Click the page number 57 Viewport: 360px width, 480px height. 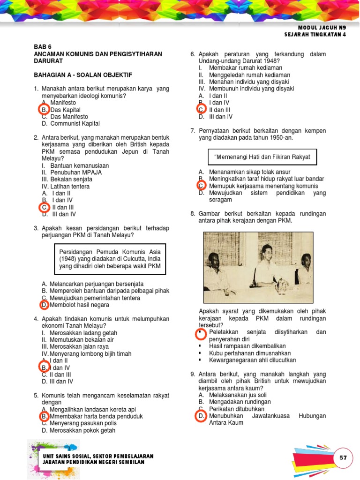343,457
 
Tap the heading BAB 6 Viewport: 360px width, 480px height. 42,47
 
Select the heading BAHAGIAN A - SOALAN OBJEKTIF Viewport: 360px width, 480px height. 83,75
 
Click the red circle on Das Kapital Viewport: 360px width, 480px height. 44,110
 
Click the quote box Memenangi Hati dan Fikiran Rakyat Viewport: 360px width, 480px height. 262,157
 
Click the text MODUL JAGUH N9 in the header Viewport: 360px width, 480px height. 322,28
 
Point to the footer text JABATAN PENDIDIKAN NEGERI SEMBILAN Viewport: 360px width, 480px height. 93,462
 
